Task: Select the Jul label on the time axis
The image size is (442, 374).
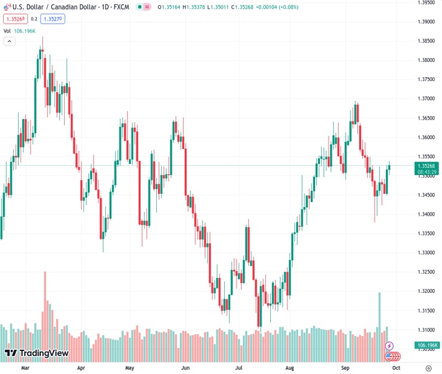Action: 238,368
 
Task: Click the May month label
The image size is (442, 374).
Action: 129,368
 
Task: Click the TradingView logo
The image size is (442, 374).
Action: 36,353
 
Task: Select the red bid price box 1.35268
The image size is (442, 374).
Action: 15,19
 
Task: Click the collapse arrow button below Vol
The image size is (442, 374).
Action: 9,41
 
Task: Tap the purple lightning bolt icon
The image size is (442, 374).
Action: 390,345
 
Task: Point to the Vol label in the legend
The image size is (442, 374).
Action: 7,31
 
